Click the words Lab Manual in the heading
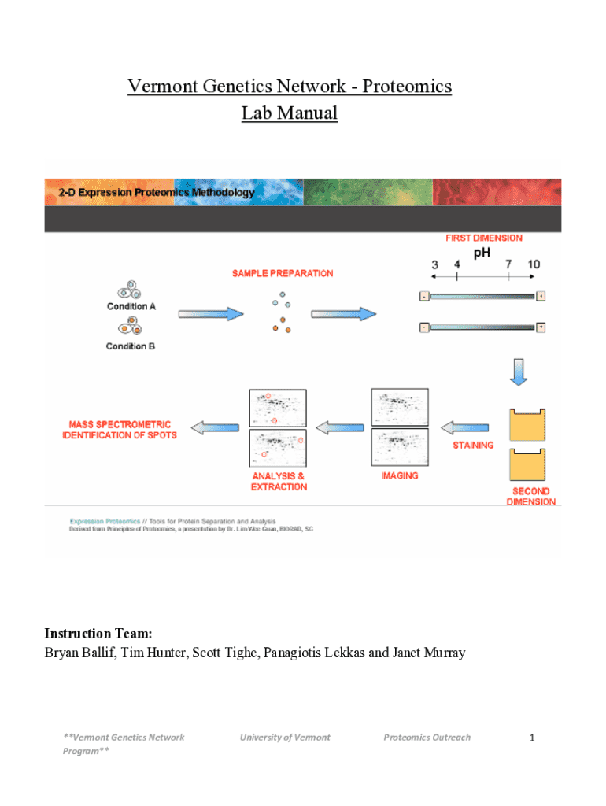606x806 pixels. pos(289,113)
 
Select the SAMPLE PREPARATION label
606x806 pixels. pos(283,274)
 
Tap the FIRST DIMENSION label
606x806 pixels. pos(483,238)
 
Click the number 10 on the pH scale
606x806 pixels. pos(534,265)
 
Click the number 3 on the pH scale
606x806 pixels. pos(434,265)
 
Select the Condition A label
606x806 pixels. pos(131,307)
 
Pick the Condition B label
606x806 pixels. pos(131,346)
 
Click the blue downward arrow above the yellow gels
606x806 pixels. pos(518,372)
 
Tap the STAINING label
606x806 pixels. pos(473,446)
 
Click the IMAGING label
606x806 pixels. pos(400,476)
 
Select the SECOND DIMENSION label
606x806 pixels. pos(531,497)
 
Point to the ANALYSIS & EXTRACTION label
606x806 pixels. pos(279,482)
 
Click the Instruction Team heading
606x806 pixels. pos(98,634)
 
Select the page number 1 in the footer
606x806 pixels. pos(532,738)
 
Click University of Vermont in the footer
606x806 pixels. pos(285,738)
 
